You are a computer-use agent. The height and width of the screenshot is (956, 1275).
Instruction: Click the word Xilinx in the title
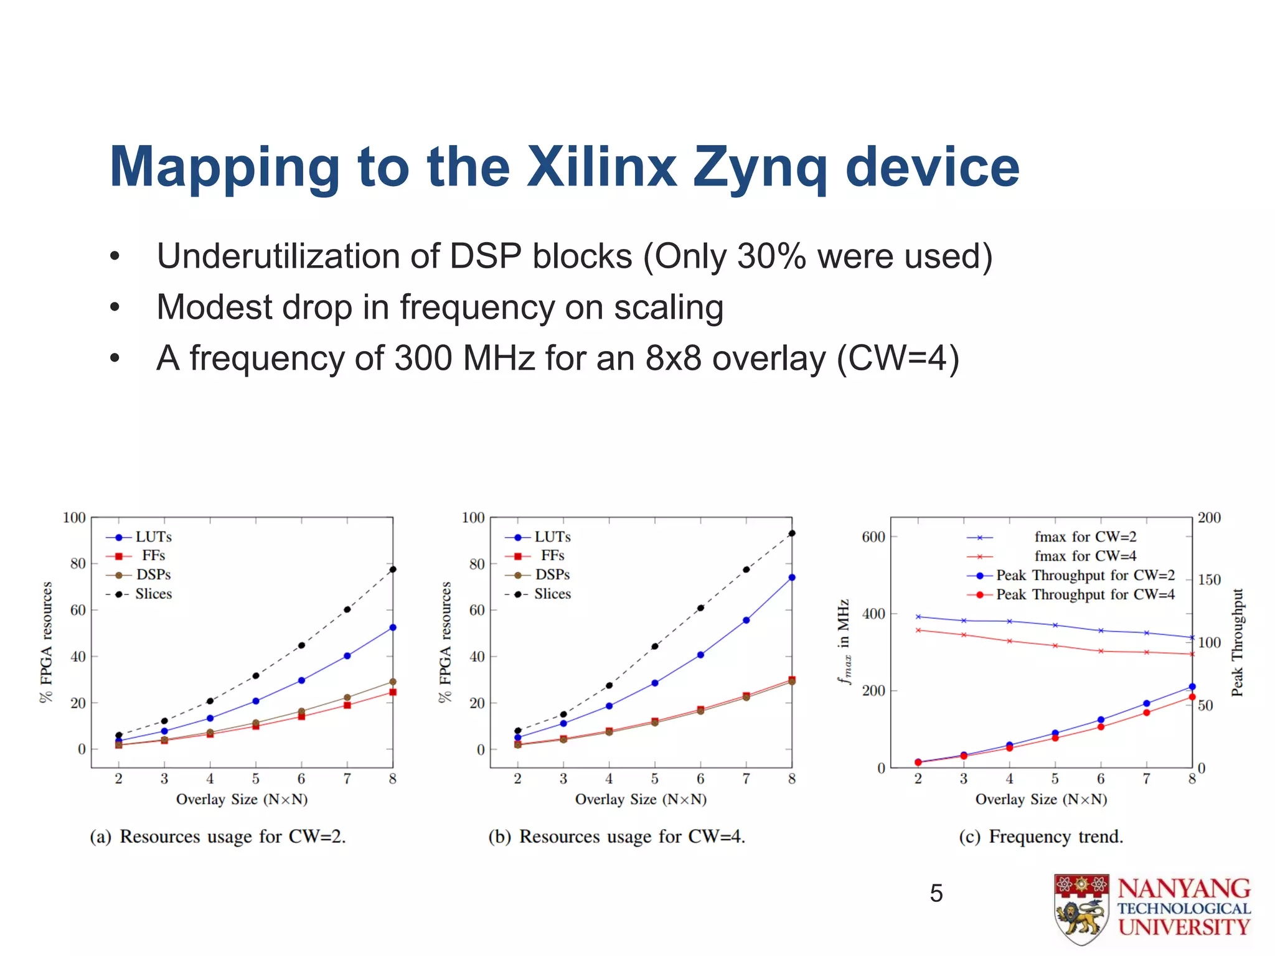[x=601, y=167]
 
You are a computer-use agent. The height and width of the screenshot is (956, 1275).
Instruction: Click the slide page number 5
[x=936, y=894]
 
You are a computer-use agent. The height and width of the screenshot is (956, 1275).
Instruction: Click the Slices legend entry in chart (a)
[x=153, y=594]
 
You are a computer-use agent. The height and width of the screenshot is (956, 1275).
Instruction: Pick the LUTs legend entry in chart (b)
[x=552, y=537]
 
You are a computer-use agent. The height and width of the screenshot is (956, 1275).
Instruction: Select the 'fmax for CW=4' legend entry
[x=1085, y=556]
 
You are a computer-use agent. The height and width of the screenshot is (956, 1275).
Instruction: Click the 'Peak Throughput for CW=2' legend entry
[x=1085, y=575]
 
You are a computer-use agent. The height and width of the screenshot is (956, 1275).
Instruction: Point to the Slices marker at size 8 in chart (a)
[x=393, y=569]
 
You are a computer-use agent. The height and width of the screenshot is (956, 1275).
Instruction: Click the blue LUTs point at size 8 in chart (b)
[x=792, y=578]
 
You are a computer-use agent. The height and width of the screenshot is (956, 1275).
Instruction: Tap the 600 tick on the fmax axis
[x=873, y=537]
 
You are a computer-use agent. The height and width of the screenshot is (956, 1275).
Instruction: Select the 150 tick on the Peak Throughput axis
[x=1209, y=579]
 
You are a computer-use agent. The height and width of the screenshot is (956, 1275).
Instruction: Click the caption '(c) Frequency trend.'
[x=1041, y=836]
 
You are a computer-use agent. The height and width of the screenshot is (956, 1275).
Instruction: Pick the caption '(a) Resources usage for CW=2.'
[x=218, y=836]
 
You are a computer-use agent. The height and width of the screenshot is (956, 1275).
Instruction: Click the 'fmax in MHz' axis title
[x=844, y=641]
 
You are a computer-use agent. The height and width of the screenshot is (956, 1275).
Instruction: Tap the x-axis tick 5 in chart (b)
[x=654, y=779]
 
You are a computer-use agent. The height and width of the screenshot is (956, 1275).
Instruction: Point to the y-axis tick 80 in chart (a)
[x=78, y=564]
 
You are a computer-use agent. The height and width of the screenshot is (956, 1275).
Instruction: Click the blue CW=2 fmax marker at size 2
[x=918, y=617]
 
